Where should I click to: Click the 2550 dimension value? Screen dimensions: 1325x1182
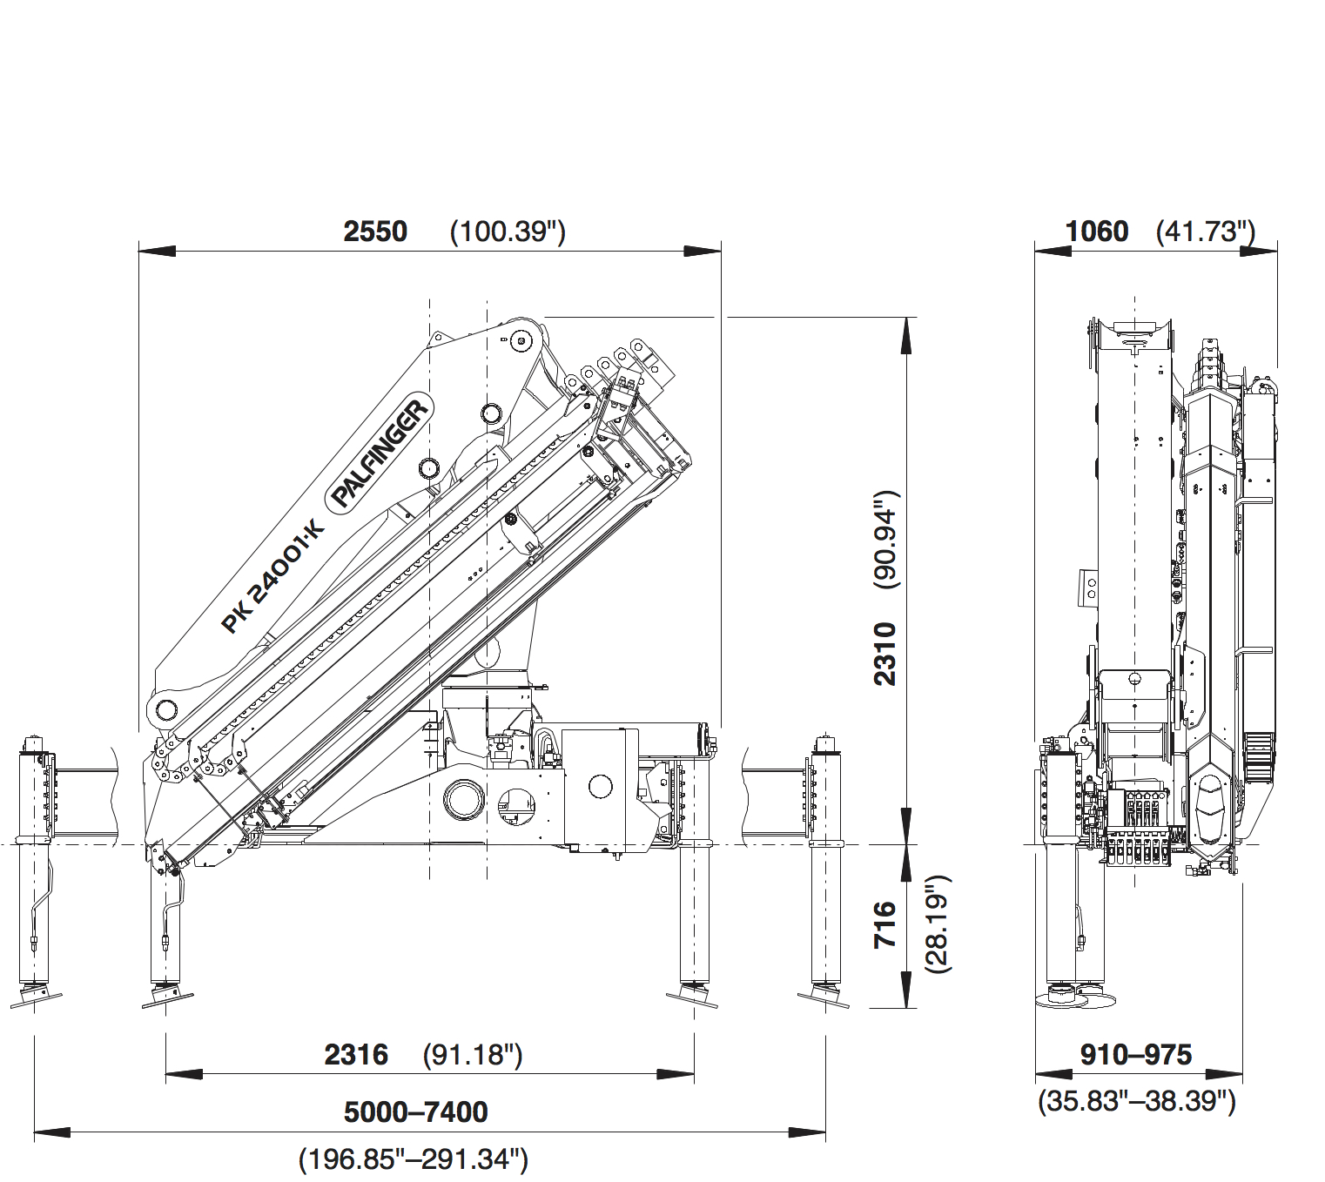(375, 232)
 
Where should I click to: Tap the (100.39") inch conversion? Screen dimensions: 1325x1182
(508, 232)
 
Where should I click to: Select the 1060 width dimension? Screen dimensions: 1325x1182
(1097, 232)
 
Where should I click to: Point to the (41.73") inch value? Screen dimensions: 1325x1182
(1206, 232)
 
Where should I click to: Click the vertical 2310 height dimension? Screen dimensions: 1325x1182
(885, 654)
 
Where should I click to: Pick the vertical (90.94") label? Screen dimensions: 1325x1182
(887, 540)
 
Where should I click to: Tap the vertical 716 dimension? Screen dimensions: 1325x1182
(885, 924)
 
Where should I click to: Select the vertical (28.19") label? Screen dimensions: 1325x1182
(939, 924)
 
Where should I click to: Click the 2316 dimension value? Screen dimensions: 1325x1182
(356, 1055)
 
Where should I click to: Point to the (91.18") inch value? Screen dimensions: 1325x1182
(473, 1055)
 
